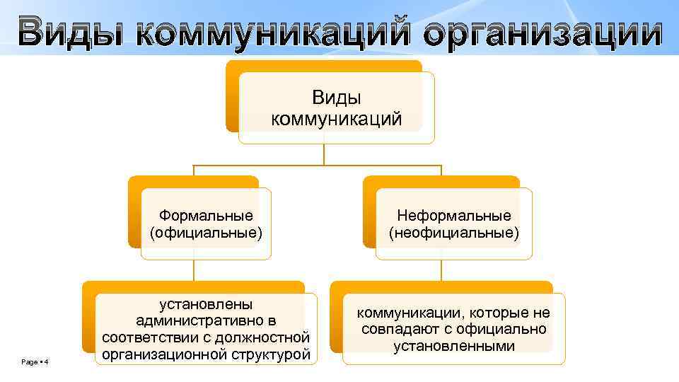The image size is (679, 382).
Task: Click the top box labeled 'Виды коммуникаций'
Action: (x=337, y=108)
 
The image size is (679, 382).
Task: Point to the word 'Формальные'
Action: (x=206, y=215)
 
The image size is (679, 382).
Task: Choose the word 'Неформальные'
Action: (x=453, y=215)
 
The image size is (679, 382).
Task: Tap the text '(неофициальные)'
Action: (x=453, y=232)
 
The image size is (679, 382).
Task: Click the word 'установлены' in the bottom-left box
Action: (x=206, y=304)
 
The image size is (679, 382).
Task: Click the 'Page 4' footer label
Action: (x=35, y=362)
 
